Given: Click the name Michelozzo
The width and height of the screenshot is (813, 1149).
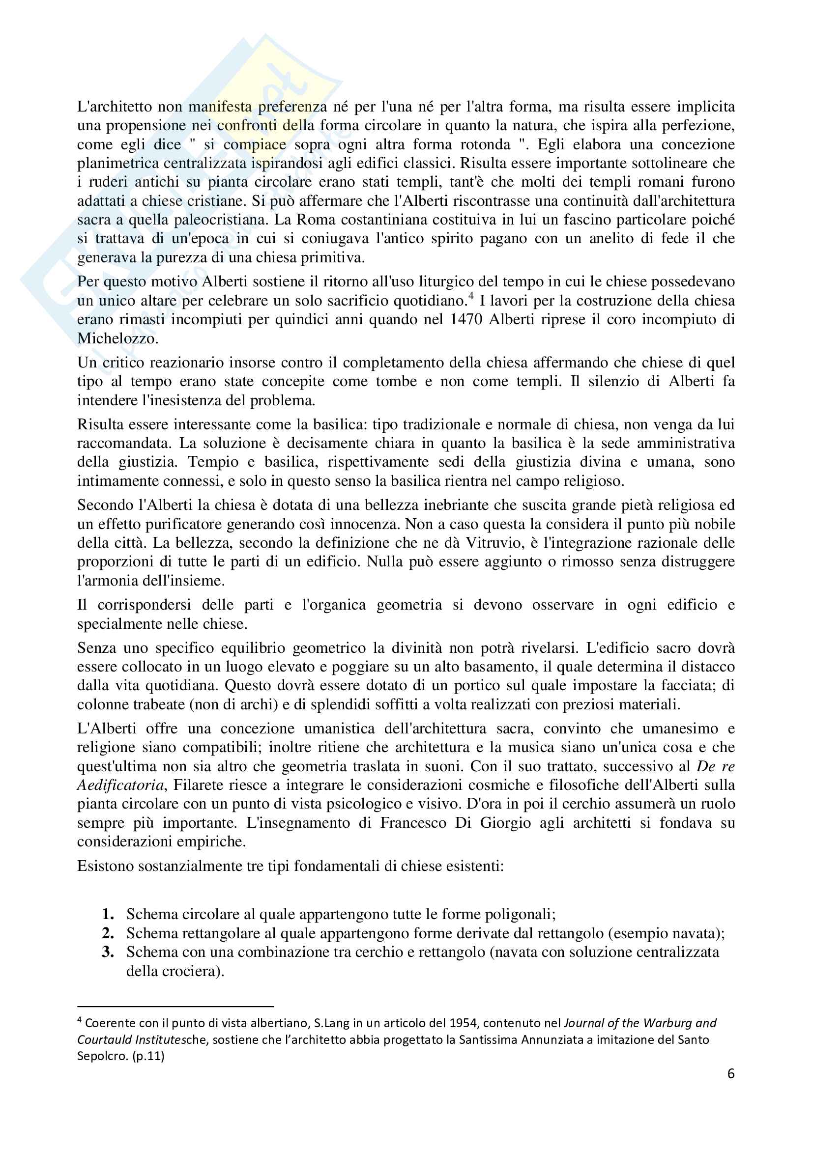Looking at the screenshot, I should [117, 338].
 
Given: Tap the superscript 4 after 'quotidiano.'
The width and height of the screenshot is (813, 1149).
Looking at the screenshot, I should [470, 296].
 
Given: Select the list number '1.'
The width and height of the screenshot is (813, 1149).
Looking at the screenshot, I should [108, 914].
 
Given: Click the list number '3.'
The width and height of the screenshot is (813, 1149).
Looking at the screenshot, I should [108, 952].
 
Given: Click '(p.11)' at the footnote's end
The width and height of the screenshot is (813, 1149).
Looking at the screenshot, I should [148, 1056].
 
